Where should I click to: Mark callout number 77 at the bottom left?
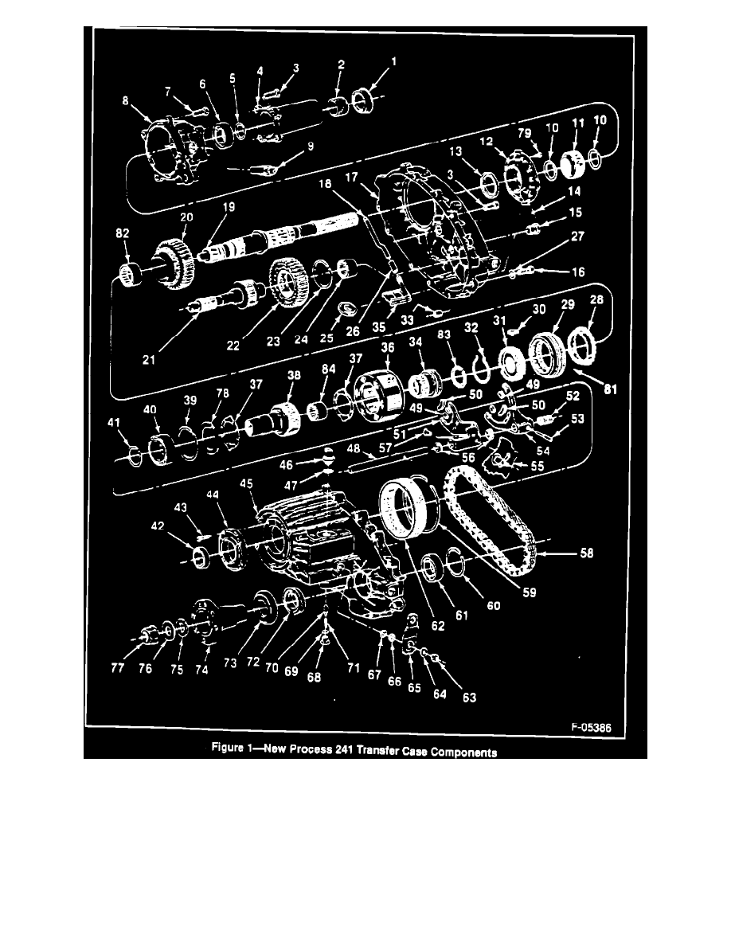pyautogui.click(x=118, y=670)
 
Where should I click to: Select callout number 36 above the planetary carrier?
pyautogui.click(x=388, y=347)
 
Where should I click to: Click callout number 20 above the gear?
pyautogui.click(x=187, y=217)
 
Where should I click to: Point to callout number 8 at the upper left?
pyautogui.click(x=124, y=101)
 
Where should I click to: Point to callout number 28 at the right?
pyautogui.click(x=596, y=299)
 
